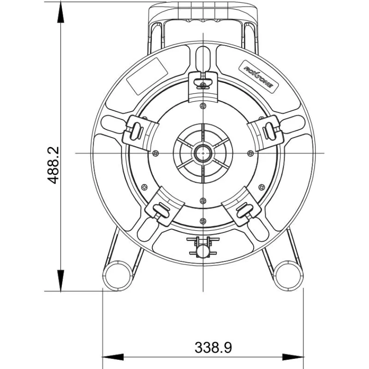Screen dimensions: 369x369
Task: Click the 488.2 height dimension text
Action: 53,165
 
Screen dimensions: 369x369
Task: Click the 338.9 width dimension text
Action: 213,347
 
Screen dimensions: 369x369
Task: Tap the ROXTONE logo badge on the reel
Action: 259,77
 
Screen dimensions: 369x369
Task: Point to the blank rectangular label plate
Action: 147,76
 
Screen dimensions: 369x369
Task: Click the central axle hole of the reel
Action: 203,153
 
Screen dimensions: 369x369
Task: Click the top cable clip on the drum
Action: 203,87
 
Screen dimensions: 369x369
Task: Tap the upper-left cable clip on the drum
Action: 141,132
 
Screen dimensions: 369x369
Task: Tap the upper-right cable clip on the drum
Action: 266,132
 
